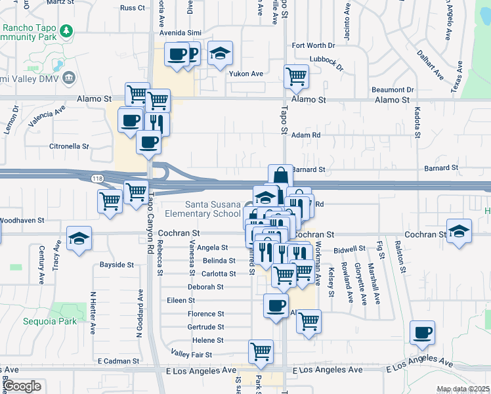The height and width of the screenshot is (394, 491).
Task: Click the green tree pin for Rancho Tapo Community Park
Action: tap(66, 31)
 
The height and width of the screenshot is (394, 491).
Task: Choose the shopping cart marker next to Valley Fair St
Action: tap(261, 351)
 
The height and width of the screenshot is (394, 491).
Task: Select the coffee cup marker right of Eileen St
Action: tap(276, 305)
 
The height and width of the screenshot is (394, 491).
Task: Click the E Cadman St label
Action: tap(117, 361)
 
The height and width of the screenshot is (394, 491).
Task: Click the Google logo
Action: tap(22, 386)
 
